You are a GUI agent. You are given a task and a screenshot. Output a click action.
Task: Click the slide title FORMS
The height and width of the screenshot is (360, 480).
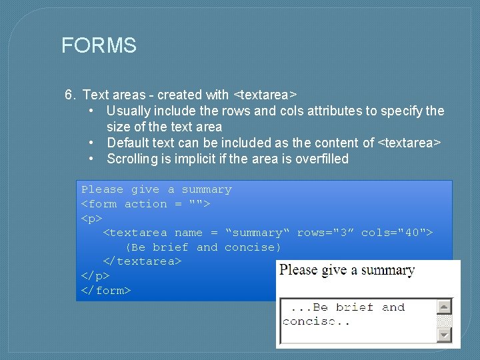coord(99,45)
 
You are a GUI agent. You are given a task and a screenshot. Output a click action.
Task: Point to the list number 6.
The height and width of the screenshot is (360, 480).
coord(70,95)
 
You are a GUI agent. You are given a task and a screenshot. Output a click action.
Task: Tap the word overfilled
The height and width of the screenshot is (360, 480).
coord(322,159)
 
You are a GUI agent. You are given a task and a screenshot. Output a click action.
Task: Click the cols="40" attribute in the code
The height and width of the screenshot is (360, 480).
coord(397,233)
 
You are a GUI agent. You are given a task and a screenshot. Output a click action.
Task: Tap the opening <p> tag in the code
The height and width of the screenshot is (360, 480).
coord(92,218)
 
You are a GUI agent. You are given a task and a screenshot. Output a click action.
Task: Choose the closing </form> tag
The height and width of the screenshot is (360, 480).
coord(106,290)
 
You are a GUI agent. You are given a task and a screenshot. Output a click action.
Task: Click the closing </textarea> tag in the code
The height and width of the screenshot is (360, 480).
coord(142,261)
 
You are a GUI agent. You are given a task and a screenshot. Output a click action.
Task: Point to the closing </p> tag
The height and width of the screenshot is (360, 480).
coord(95,275)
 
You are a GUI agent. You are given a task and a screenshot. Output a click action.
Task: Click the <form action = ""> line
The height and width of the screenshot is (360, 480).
coord(146,204)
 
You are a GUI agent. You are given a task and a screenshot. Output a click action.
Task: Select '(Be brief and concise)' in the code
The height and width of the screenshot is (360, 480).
coord(203,247)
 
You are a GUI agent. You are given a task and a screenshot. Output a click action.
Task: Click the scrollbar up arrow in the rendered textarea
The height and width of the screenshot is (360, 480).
coord(444,307)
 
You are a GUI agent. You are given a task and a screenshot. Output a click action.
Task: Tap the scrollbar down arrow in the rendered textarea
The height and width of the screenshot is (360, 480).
coord(444,335)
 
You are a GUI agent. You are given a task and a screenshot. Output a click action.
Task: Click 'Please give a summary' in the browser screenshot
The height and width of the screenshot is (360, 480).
coord(347,271)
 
